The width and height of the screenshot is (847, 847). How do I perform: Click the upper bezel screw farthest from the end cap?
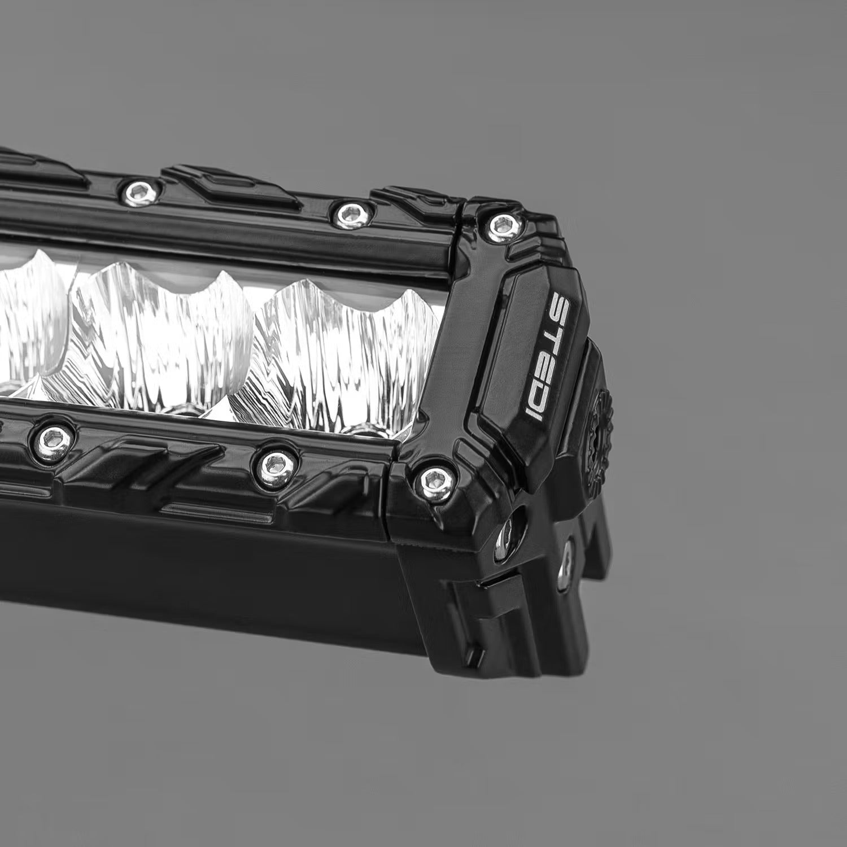[x=137, y=190]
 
